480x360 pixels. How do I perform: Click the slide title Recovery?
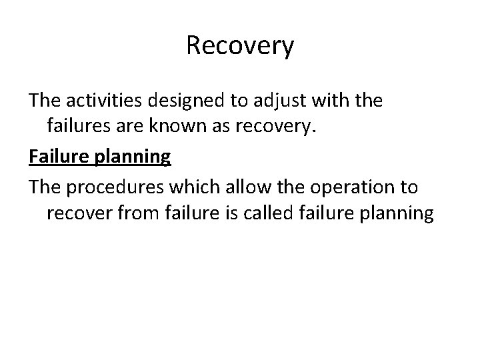click(240, 46)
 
